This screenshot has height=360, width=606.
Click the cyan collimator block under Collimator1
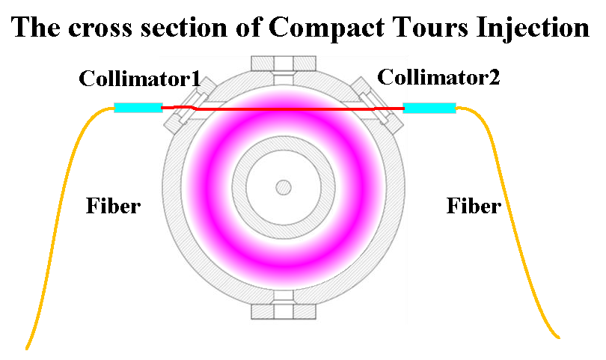(x=138, y=108)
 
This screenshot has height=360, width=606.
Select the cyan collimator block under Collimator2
(x=429, y=108)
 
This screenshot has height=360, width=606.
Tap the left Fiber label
(x=112, y=205)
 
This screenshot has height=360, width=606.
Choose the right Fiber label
(x=474, y=205)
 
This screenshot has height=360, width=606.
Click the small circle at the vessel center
(x=284, y=186)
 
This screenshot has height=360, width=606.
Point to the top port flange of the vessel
(x=284, y=62)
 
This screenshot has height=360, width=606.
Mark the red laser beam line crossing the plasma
(x=284, y=110)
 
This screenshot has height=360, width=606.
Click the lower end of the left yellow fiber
(x=28, y=347)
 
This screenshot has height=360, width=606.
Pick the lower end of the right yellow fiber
(x=557, y=336)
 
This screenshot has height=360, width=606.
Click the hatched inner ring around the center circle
(x=284, y=147)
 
